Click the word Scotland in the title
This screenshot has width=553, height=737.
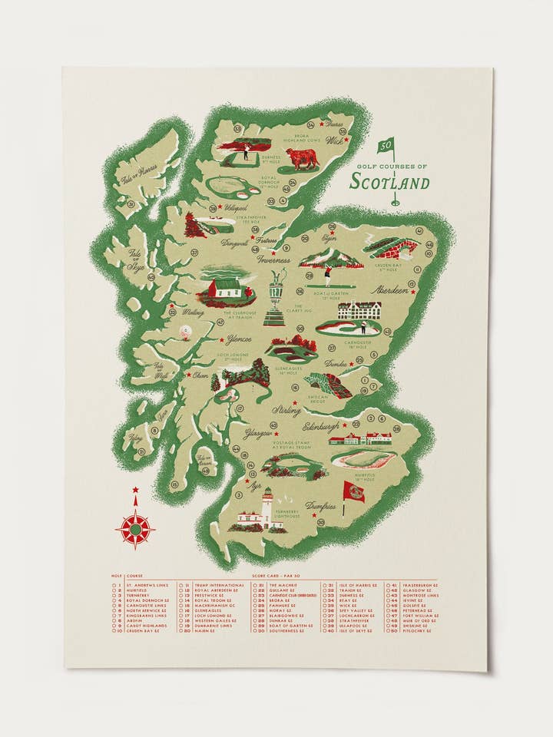click(x=389, y=183)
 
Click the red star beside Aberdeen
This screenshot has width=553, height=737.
click(x=412, y=285)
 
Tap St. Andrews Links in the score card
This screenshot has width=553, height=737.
click(x=146, y=585)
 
